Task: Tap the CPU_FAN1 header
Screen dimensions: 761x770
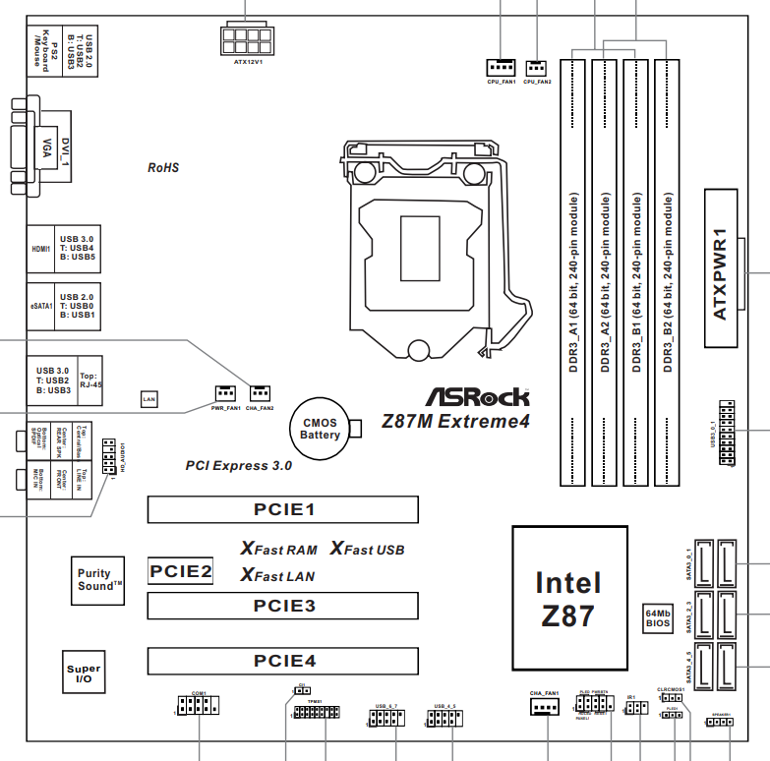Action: [501, 67]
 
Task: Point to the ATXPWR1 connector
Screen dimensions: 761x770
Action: [726, 267]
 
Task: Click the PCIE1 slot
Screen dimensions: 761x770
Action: [282, 509]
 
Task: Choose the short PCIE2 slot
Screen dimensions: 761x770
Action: [181, 570]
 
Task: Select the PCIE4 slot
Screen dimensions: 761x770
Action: [282, 661]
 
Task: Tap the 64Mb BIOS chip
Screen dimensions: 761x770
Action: [658, 618]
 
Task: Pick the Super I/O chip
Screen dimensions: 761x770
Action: [84, 674]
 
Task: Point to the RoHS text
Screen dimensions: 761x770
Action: [163, 168]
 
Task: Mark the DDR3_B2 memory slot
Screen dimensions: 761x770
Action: [667, 272]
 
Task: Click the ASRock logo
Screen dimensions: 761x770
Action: [477, 396]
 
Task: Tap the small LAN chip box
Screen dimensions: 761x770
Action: [149, 398]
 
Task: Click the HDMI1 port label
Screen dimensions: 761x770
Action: [40, 250]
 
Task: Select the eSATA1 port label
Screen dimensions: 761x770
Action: [40, 306]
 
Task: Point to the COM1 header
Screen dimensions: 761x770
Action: [199, 705]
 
